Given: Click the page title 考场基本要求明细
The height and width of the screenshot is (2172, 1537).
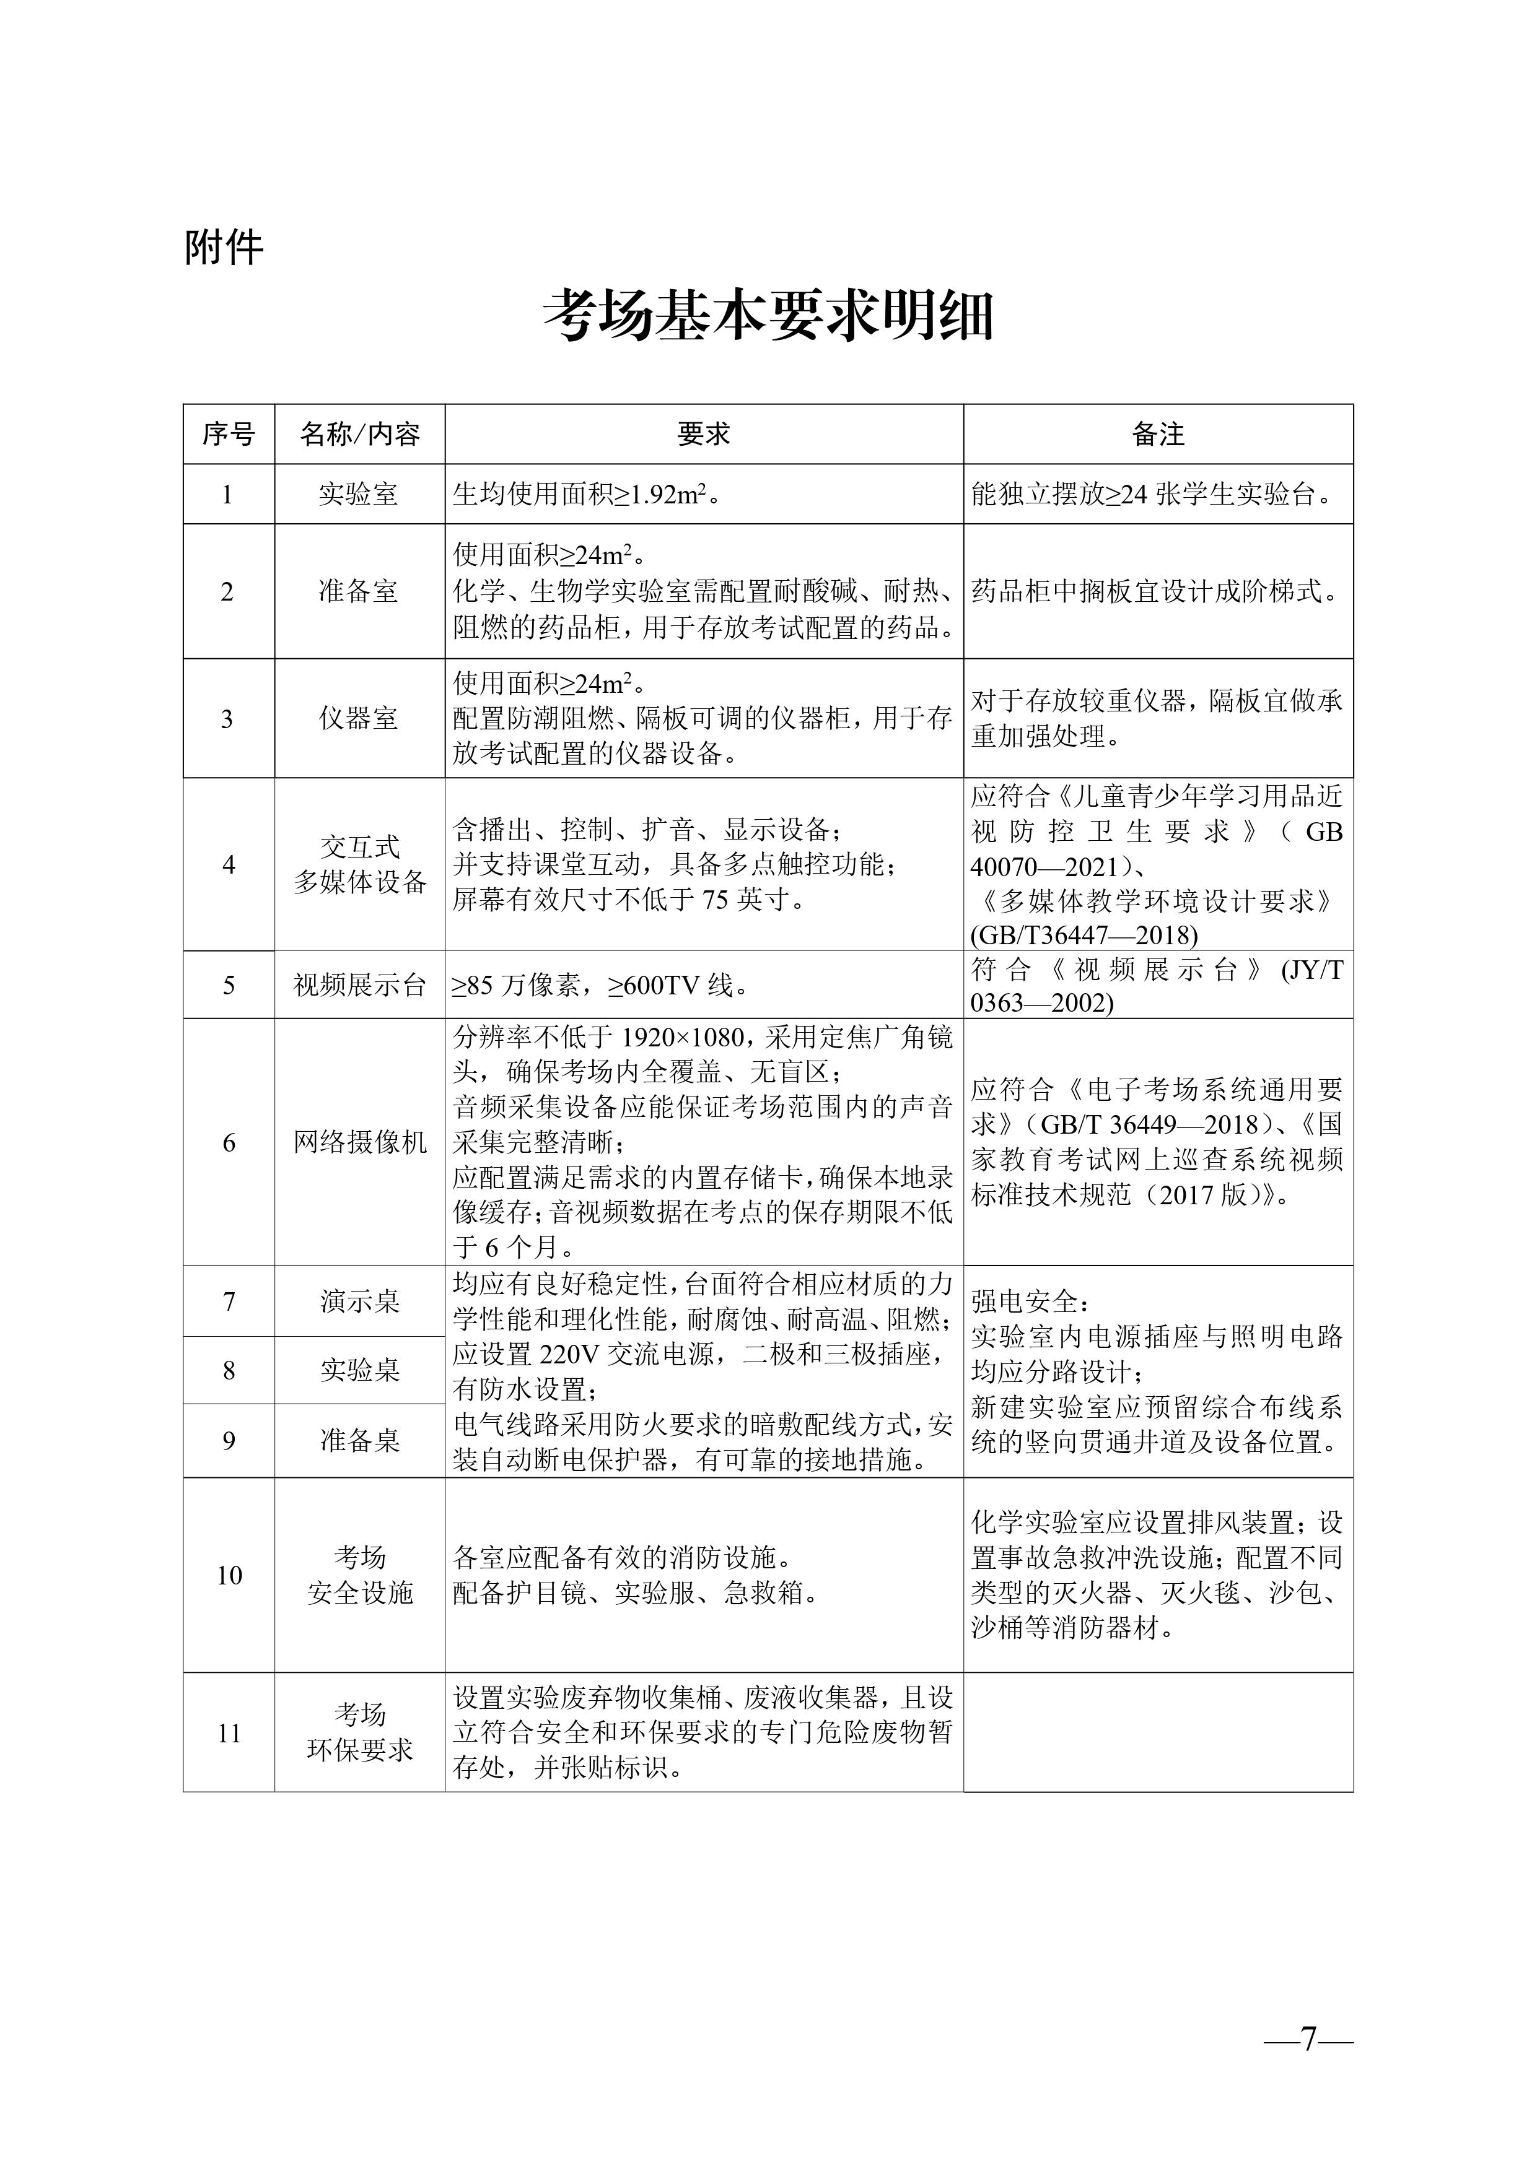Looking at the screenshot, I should [x=768, y=317].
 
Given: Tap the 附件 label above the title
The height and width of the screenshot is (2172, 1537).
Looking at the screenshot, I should [x=224, y=248].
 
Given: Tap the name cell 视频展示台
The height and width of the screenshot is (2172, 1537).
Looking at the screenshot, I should [x=360, y=985].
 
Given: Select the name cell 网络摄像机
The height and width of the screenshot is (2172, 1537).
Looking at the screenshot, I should [x=360, y=1142].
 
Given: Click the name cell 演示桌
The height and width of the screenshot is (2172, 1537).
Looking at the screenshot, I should [x=360, y=1301].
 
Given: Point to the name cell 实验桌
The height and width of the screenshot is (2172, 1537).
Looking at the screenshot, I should [x=360, y=1370].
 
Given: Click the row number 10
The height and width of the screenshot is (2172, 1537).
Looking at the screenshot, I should [x=229, y=1575].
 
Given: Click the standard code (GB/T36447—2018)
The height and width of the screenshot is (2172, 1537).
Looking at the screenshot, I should [x=1084, y=935].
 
